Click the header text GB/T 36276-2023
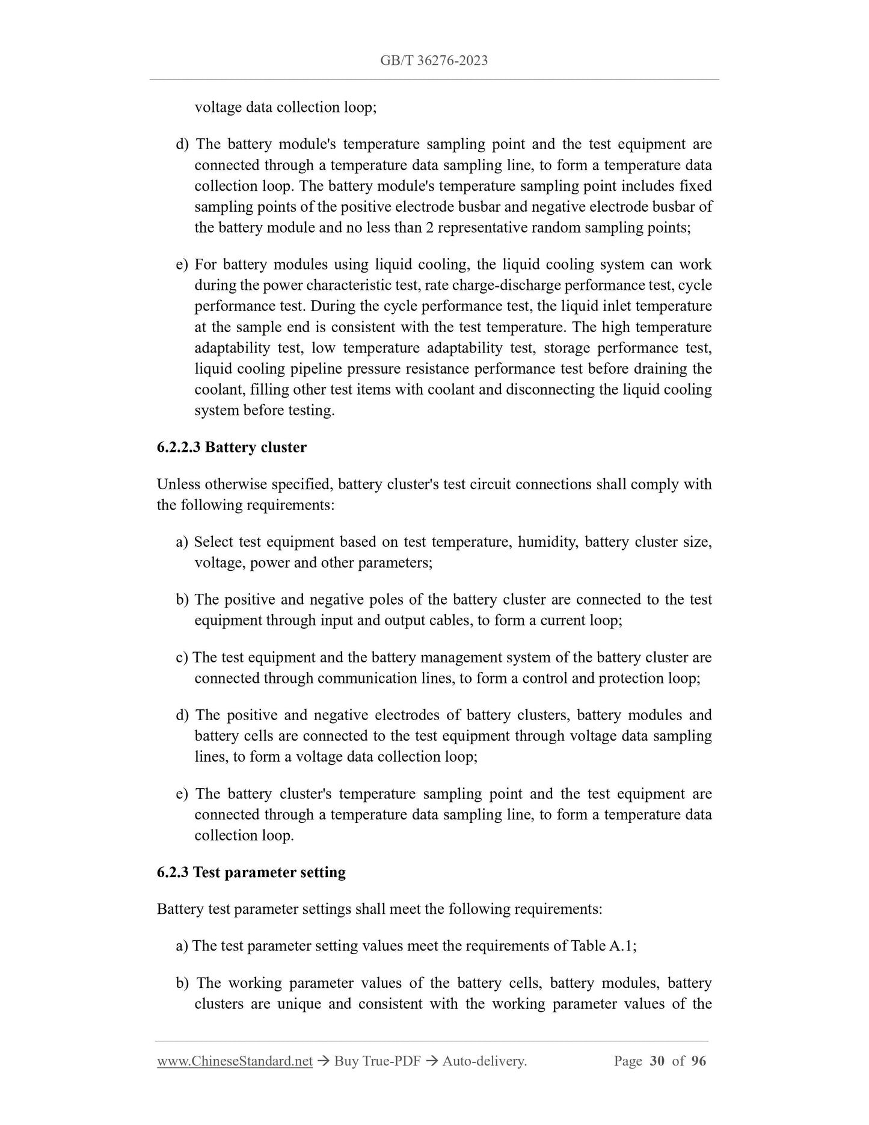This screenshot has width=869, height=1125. (434, 60)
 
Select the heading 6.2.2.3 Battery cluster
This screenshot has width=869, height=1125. (232, 448)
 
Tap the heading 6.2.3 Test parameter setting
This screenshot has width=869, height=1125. (251, 873)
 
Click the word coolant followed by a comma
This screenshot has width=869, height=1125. (218, 390)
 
